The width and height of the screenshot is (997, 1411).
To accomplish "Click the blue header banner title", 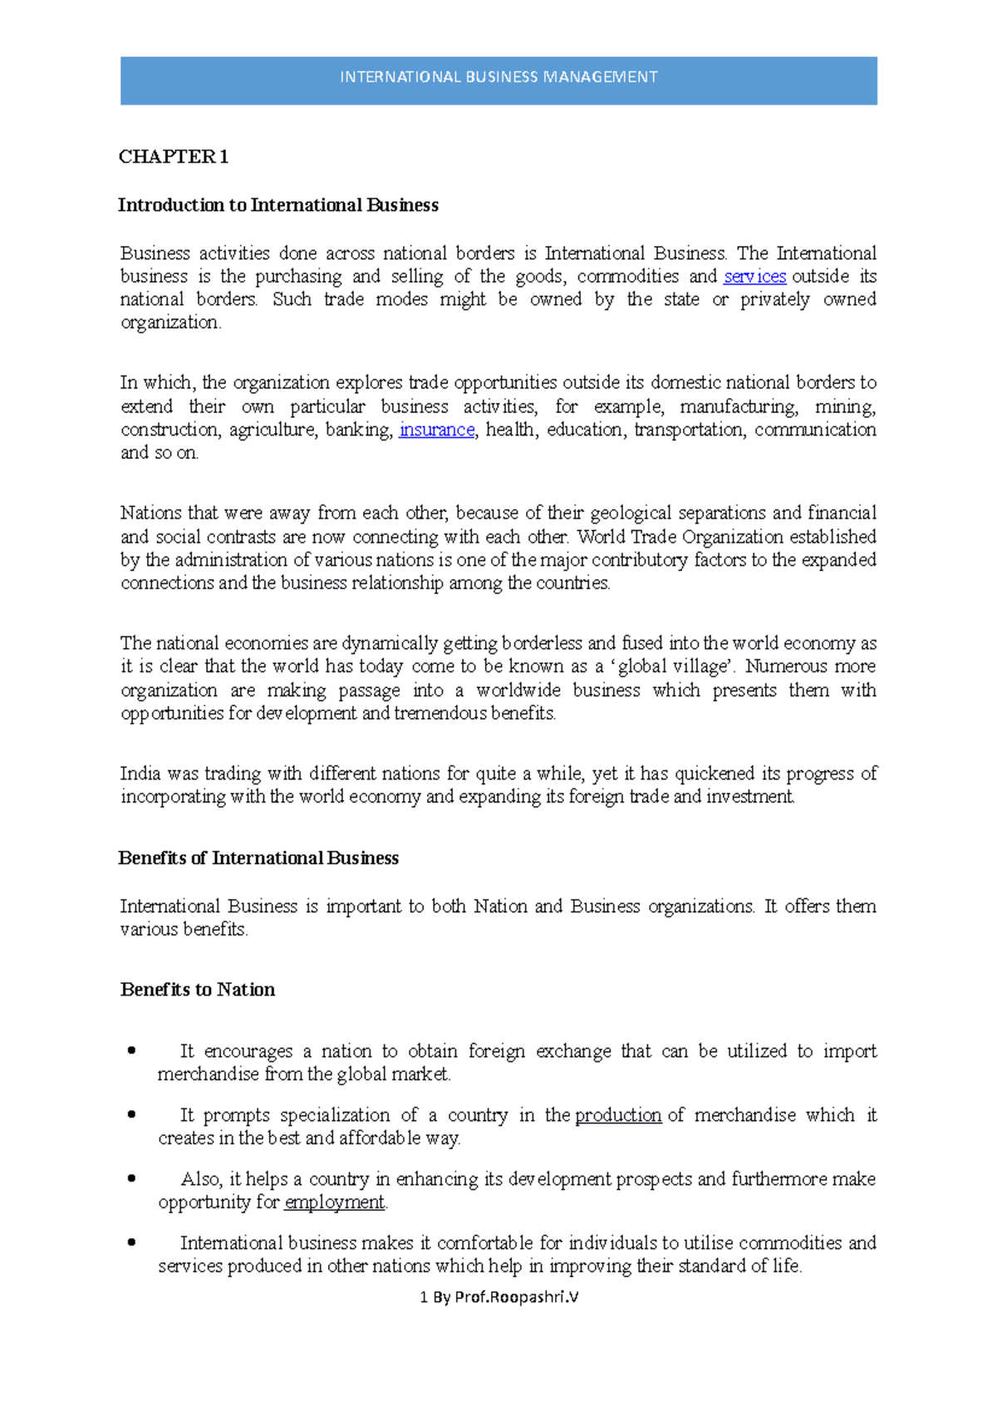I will pos(498,77).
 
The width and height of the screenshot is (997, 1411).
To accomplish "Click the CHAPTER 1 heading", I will pos(173,157).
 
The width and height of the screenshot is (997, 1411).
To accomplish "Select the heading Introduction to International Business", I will pos(277,205).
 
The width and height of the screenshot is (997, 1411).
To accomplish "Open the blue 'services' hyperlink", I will pos(754,277).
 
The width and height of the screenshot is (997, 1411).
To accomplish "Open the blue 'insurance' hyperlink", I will pos(436,430).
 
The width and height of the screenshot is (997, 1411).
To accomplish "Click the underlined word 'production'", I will pos(618,1115).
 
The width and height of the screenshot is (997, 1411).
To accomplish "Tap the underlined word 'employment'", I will pos(334,1202).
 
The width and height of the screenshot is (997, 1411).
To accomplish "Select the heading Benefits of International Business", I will pos(258,858).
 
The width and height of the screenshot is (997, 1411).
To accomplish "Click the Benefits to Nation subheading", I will pos(197,990).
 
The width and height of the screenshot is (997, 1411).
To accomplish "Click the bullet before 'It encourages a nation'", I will pos(131,1051).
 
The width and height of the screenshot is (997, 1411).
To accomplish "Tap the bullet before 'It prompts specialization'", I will pos(131,1115).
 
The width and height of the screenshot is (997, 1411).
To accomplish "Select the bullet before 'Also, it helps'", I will pos(131,1178).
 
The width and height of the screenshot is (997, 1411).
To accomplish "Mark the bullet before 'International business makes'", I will pos(131,1242).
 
